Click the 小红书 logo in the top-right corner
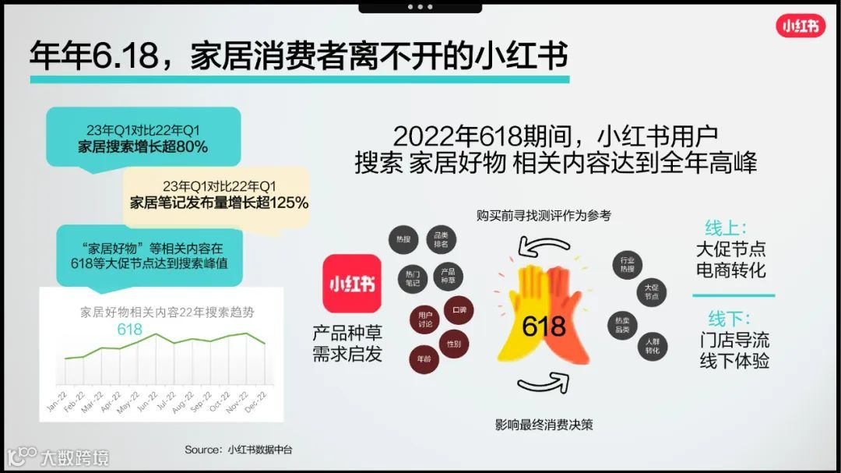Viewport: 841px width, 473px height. coord(800,26)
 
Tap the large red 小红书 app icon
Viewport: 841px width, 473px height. coord(352,284)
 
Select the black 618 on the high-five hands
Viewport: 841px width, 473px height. coord(543,325)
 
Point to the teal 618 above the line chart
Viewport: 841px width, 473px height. coord(129,330)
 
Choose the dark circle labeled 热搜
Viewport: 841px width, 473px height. coord(403,239)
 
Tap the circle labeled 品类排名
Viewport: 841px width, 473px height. coord(441,240)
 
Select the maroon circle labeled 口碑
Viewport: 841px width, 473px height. coord(459,309)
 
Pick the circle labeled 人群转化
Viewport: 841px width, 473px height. coord(653,346)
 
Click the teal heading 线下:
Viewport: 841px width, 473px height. coord(728,319)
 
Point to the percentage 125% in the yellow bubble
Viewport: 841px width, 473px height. coord(290,203)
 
